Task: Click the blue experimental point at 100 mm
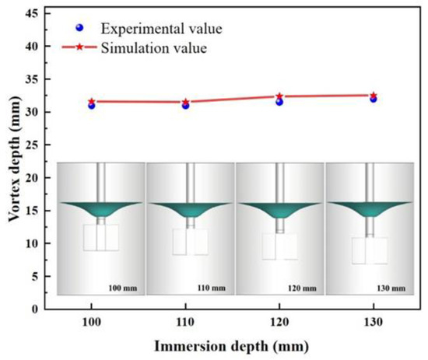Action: (92, 105)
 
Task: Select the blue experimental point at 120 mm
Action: (279, 102)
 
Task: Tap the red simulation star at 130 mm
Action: (373, 96)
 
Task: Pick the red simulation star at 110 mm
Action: (185, 102)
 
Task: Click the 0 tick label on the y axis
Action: (37, 309)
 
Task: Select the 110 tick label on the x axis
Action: (185, 321)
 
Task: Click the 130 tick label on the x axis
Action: (373, 321)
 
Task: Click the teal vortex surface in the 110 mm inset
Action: (190, 208)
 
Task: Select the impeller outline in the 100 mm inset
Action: (101, 237)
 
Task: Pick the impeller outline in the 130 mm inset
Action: (370, 250)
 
